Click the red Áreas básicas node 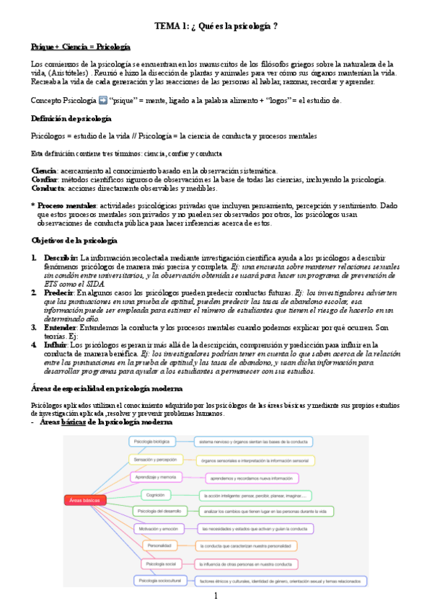pos(85,499)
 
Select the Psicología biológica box pos(149,440)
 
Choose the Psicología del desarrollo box pos(160,511)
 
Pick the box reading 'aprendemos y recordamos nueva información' pos(251,477)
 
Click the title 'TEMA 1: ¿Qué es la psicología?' pos(216,27)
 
